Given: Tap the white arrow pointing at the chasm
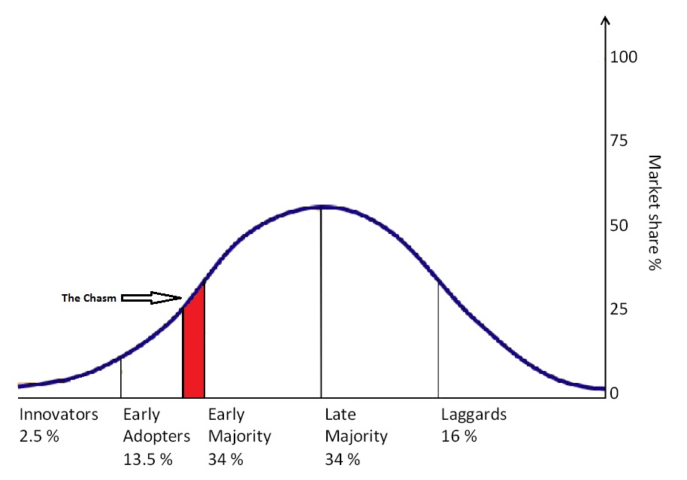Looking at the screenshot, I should tap(151, 299).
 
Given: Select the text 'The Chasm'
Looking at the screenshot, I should tap(89, 299).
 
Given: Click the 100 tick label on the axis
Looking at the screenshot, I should tap(624, 57).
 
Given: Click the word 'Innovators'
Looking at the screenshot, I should tap(59, 415).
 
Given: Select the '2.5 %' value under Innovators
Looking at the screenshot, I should tap(39, 436).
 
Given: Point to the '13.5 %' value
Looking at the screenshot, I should tap(147, 458).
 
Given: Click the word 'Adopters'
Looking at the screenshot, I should tap(156, 436).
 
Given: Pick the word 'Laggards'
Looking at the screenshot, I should tap(474, 415).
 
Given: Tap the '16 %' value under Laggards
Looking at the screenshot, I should tap(459, 436).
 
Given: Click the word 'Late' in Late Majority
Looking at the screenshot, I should tap(340, 415).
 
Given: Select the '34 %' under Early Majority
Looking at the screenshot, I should tap(225, 458).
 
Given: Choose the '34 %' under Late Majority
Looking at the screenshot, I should tap(342, 458).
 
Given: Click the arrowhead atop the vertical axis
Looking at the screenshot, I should tap(606, 20).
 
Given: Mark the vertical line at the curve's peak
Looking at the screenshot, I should tap(321, 301).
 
